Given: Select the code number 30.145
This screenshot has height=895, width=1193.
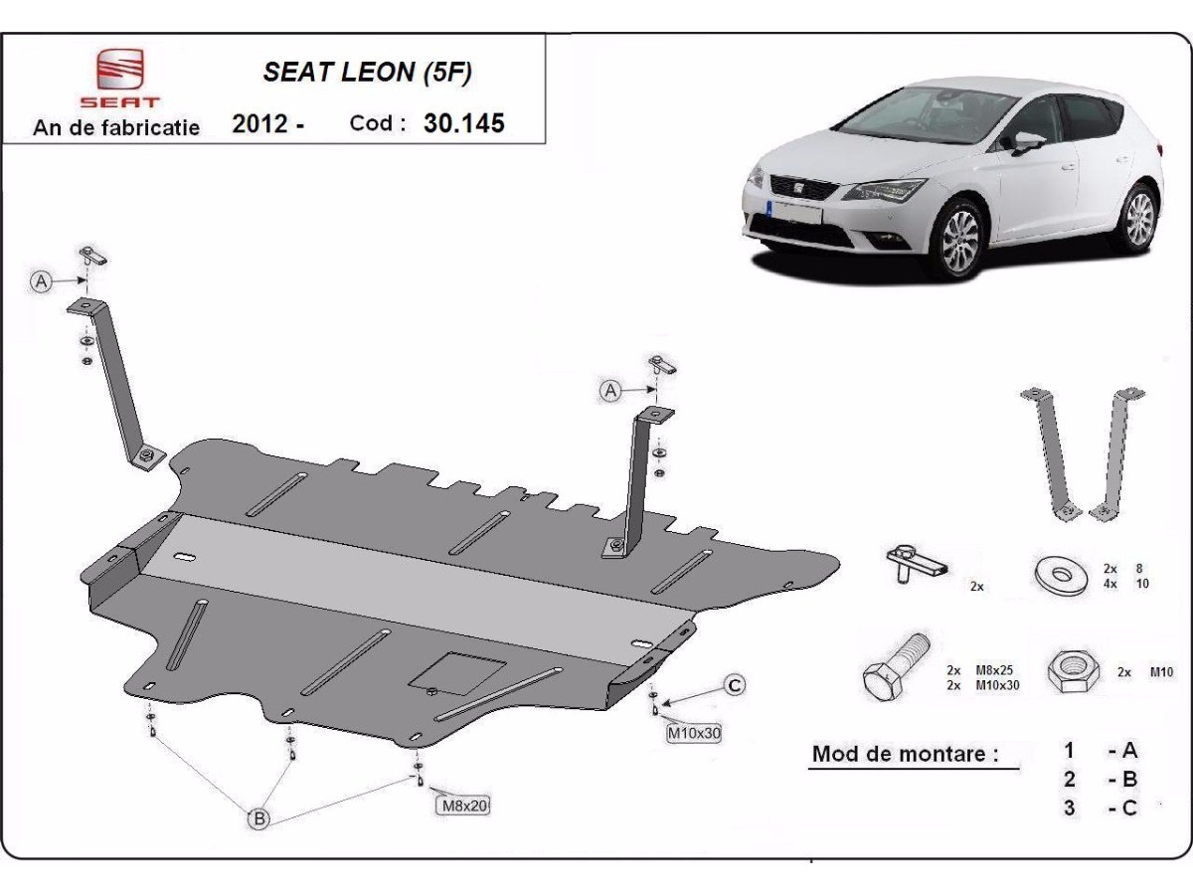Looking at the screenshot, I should click(463, 123).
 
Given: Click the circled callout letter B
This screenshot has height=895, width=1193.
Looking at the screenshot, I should click(258, 819).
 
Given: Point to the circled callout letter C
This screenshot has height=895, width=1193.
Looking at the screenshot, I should click(734, 684).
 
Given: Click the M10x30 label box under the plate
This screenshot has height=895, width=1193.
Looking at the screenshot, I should click(693, 734).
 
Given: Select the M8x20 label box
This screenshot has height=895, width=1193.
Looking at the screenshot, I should click(462, 805).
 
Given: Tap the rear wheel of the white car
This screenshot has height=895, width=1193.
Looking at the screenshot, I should click(1135, 218).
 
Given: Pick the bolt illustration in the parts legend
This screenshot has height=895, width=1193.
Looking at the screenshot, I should click(896, 668).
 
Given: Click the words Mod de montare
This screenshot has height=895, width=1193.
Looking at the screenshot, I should click(905, 753).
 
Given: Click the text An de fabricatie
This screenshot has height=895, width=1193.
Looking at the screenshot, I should click(116, 127).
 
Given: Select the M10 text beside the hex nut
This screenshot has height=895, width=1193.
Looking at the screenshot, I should click(1159, 672).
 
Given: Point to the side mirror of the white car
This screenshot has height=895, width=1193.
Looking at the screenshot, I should click(1027, 141).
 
